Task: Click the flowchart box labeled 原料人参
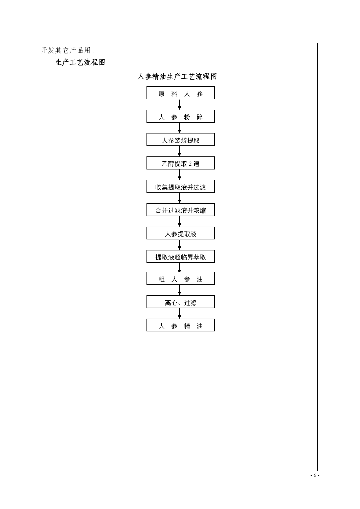(180, 93)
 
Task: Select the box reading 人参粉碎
(180, 116)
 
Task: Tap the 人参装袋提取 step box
(180, 140)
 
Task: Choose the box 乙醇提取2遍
(180, 163)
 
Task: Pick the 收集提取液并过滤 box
(180, 186)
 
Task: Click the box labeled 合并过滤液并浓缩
(180, 210)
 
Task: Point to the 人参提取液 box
(180, 233)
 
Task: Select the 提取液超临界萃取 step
(180, 257)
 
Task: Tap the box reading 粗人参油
(180, 278)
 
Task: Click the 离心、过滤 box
(180, 302)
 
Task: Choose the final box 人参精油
(180, 325)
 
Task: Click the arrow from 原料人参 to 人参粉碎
(180, 104)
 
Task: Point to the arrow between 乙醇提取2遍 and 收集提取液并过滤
(180, 175)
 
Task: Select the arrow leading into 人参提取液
(180, 221)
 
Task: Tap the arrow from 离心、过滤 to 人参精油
(180, 313)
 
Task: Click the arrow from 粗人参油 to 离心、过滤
(180, 290)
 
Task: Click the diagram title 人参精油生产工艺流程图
(177, 77)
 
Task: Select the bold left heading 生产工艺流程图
(80, 62)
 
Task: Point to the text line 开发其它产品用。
(68, 50)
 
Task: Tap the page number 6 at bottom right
(315, 476)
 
